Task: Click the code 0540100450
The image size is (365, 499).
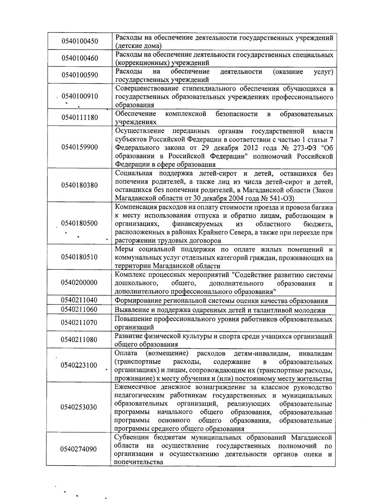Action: coord(80,41)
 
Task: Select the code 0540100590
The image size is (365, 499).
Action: coord(80,75)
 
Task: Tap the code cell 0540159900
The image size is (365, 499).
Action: coord(80,147)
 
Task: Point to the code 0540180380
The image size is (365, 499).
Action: coord(80,185)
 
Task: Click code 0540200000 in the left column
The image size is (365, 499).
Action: coord(79,282)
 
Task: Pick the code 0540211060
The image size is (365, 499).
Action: coord(79,309)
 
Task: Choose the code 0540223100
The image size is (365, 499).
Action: coord(79,365)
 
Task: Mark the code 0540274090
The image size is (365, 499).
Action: coord(78,449)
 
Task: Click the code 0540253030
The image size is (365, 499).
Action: coord(79,407)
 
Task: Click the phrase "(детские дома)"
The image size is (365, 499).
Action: coord(138,46)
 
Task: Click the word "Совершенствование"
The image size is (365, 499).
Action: coord(147,89)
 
